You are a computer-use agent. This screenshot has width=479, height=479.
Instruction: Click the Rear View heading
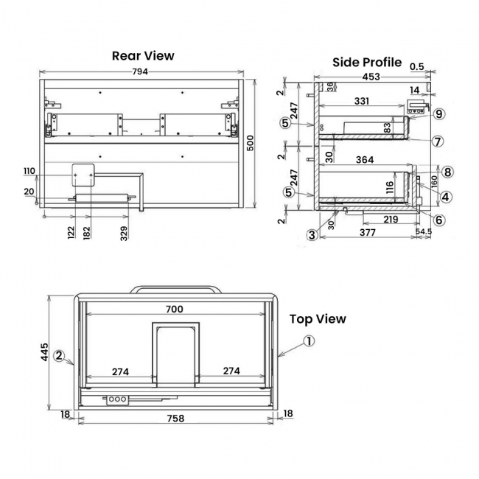(x=143, y=55)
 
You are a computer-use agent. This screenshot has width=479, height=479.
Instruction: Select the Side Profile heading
(x=366, y=62)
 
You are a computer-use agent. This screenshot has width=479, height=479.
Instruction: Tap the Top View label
(x=317, y=319)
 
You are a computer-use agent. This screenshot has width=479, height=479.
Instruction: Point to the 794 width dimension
(x=140, y=71)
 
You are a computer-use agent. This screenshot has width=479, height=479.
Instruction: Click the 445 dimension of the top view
(x=43, y=351)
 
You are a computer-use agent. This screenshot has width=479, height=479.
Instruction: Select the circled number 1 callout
(x=309, y=341)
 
